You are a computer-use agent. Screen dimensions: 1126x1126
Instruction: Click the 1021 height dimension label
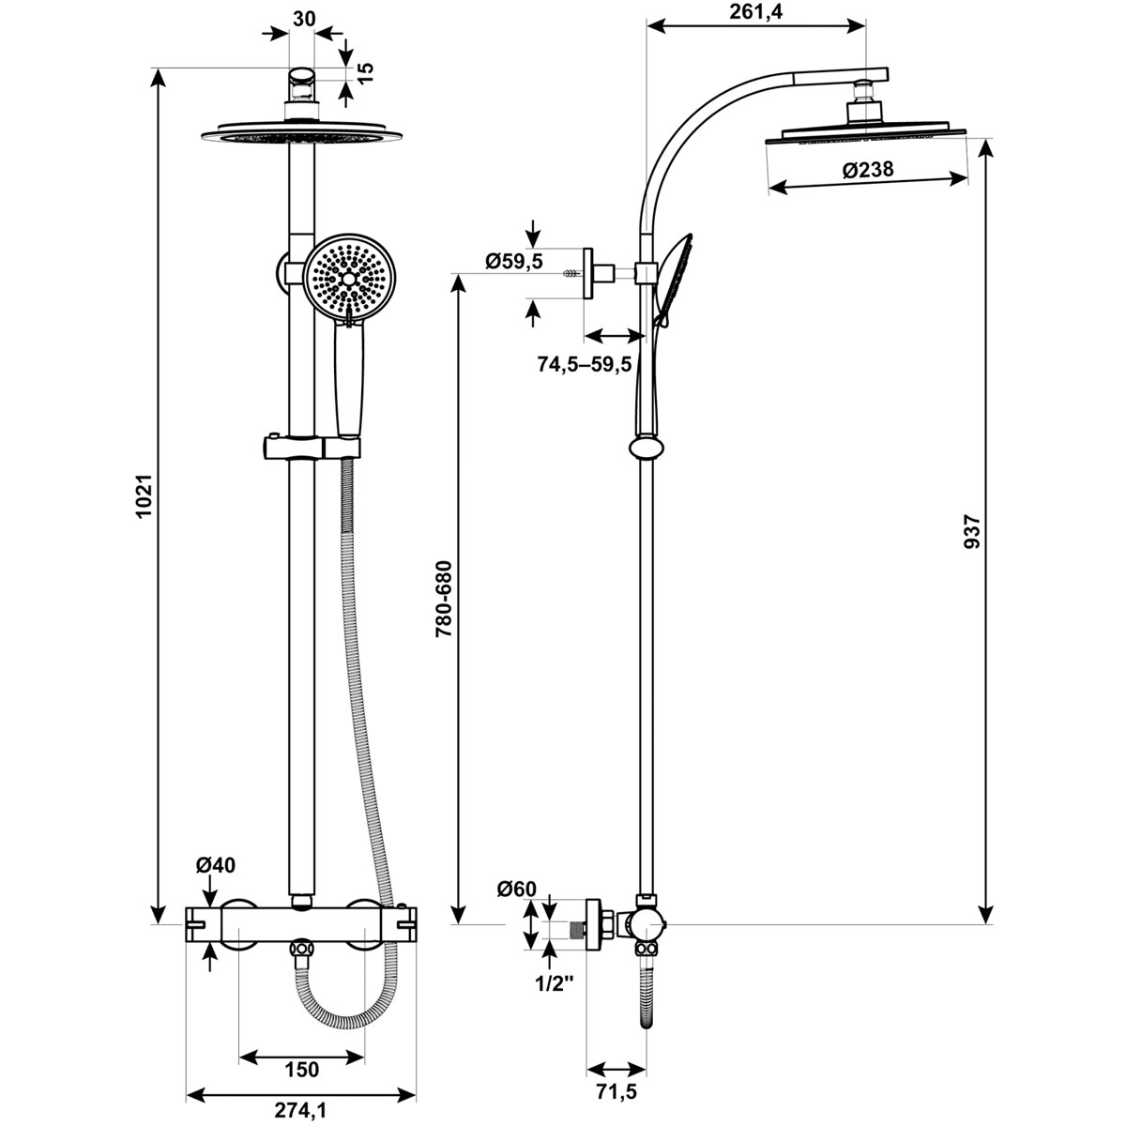pyautogui.click(x=144, y=495)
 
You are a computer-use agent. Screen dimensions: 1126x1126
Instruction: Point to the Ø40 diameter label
pyautogui.click(x=216, y=865)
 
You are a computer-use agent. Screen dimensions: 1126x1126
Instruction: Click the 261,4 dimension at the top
pyautogui.click(x=755, y=11)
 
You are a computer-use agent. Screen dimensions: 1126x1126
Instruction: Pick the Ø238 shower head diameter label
pyautogui.click(x=868, y=170)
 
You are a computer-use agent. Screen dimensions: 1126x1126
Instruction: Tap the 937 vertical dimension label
pyautogui.click(x=972, y=531)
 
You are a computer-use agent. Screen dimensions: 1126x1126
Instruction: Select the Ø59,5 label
pyautogui.click(x=513, y=261)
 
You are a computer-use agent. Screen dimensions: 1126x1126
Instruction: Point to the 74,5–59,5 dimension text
pyautogui.click(x=585, y=365)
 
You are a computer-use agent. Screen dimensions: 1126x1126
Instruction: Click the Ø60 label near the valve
pyautogui.click(x=516, y=890)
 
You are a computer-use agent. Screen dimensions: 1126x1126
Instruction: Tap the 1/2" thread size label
pyautogui.click(x=554, y=984)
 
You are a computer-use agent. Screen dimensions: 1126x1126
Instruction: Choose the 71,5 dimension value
pyautogui.click(x=617, y=1091)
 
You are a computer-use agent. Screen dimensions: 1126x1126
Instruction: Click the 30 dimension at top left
pyautogui.click(x=304, y=20)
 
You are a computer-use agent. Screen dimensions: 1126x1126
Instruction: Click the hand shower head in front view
pyautogui.click(x=349, y=281)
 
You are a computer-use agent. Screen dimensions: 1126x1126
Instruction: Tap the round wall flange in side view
pyautogui.click(x=587, y=273)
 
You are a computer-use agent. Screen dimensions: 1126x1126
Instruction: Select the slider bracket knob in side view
pyautogui.click(x=647, y=449)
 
